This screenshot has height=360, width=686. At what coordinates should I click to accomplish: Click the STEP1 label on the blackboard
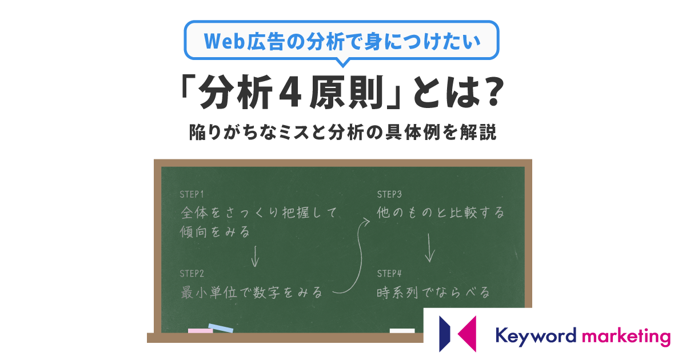(x=192, y=194)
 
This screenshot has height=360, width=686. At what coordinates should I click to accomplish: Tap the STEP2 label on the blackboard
(x=192, y=273)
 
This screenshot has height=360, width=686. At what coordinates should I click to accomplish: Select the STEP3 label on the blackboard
(x=389, y=194)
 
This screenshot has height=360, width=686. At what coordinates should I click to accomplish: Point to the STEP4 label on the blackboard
(x=389, y=273)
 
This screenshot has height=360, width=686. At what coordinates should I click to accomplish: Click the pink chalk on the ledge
(x=200, y=331)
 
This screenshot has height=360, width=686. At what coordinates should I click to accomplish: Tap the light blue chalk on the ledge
(x=221, y=328)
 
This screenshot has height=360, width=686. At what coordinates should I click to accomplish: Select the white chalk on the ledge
(x=402, y=331)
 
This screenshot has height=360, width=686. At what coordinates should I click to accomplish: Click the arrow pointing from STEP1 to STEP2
(x=255, y=257)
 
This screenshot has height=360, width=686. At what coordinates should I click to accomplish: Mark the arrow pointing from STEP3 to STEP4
(x=430, y=248)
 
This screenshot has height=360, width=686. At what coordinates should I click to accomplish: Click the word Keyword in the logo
(x=536, y=336)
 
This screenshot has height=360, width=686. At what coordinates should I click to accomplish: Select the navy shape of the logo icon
(x=445, y=334)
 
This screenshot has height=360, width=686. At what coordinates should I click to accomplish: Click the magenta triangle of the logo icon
(x=467, y=334)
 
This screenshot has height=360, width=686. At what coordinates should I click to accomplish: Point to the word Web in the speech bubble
(x=224, y=41)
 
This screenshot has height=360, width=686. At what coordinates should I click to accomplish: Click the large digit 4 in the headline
(x=290, y=93)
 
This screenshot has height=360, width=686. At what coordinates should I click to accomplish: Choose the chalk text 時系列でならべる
(x=433, y=293)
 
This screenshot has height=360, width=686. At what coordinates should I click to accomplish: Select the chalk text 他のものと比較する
(x=440, y=213)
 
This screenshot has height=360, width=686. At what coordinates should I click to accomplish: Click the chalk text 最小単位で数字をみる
(x=251, y=293)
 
